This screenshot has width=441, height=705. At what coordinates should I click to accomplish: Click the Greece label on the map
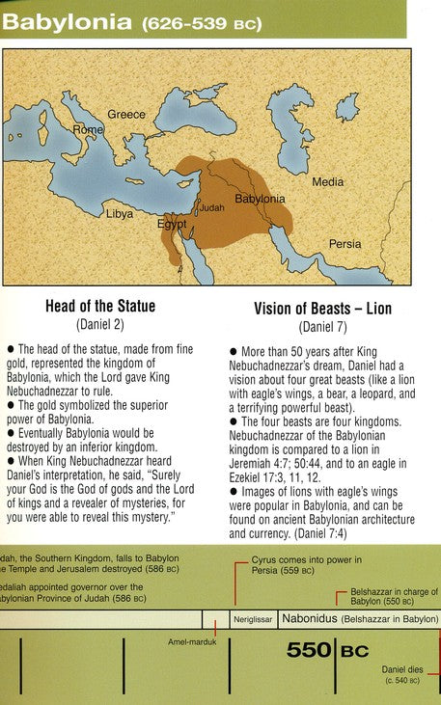tap(126, 114)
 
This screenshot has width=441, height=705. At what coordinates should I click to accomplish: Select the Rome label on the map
tap(88, 129)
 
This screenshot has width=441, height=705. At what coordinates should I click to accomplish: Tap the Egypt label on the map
tap(172, 224)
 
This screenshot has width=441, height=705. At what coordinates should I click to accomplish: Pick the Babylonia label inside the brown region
tap(261, 199)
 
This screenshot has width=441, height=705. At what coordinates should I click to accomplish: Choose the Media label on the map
tap(327, 181)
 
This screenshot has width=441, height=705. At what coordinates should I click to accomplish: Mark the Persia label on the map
tap(345, 244)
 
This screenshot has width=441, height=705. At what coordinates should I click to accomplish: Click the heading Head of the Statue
tap(100, 307)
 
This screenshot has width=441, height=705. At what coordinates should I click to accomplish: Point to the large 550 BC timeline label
tap(327, 652)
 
